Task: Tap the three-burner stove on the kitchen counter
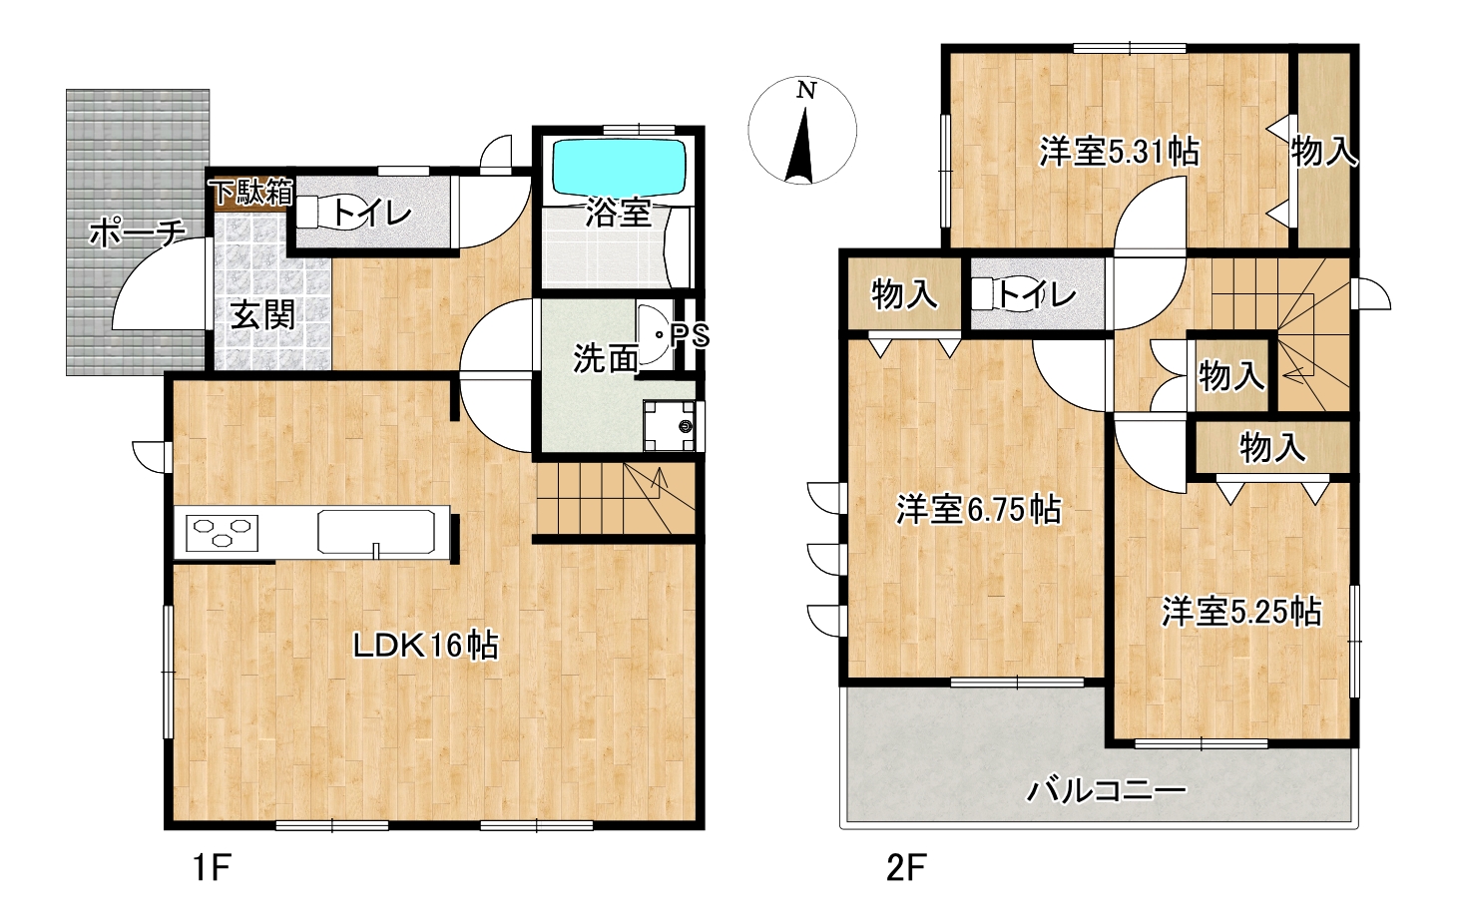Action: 222,533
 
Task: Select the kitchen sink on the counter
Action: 376,532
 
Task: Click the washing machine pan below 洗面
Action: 670,425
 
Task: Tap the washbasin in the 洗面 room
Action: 654,335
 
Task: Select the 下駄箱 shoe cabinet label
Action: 251,192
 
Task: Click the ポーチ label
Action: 138,232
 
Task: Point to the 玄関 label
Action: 263,315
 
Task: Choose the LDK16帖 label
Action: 426,646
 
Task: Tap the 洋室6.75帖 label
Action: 979,509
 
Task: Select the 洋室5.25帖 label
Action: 1242,612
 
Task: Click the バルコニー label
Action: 1107,791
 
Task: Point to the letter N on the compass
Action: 806,91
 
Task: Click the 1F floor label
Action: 212,868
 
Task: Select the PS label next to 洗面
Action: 691,336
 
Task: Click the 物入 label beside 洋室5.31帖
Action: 1323,153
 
